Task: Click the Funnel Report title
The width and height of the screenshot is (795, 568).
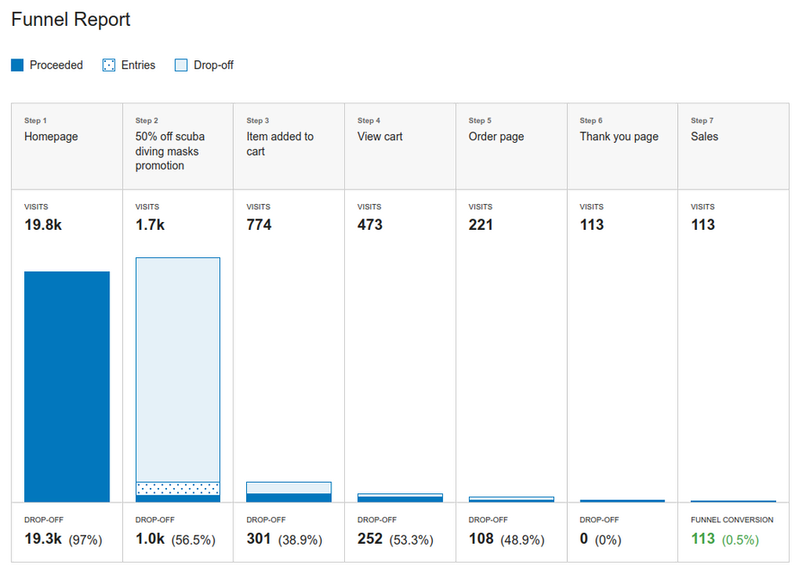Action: coord(71,19)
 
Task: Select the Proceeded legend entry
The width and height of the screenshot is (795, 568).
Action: coord(55,65)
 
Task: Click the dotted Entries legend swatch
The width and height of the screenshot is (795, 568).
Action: coord(108,65)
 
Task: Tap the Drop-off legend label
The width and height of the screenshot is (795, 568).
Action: coord(213,65)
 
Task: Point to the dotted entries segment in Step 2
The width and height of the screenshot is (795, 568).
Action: coord(178,488)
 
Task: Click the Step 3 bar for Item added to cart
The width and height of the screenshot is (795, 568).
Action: coord(288,492)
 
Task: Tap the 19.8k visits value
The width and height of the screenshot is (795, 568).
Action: coord(42,225)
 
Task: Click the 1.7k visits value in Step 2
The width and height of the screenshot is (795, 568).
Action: coord(150,225)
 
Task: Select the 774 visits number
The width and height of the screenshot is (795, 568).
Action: coord(259,225)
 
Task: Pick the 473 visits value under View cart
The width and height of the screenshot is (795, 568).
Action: coord(370,225)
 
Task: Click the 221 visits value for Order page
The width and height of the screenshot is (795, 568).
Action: coord(481,225)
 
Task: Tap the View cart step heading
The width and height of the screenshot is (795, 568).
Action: coord(380,137)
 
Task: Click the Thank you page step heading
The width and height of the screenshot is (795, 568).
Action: coord(619,137)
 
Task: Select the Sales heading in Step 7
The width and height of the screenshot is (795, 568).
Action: coord(705,137)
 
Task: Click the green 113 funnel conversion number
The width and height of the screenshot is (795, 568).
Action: coord(703,539)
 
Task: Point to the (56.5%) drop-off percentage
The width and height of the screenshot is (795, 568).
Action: coord(194,540)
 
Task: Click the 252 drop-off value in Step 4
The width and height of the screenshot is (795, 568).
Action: coord(370,539)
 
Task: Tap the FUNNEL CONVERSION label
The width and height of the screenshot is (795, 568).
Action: coord(732,520)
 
